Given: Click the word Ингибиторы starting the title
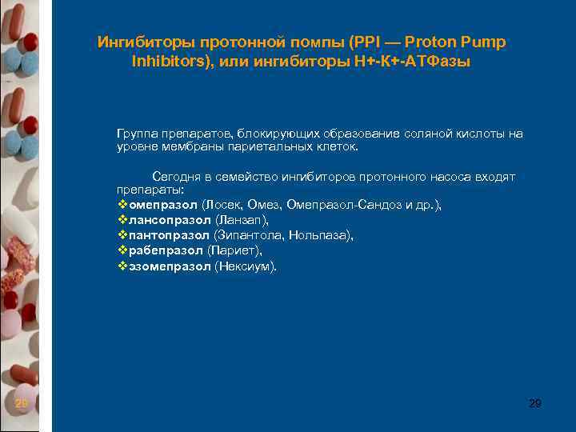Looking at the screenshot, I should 138,42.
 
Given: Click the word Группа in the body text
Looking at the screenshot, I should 138,134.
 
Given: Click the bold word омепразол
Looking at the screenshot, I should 163,205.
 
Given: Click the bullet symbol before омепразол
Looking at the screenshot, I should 122,205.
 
